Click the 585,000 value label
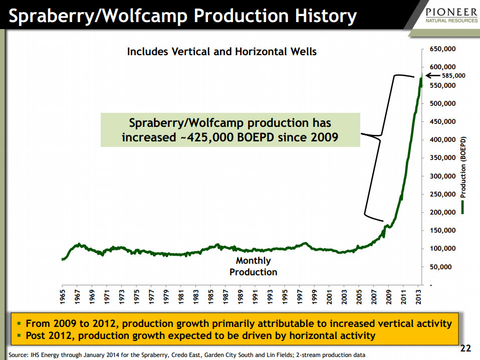pos(454,76)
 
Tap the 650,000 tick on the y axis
pos(441,50)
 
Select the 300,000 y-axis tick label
pos(441,176)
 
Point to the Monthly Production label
pos(253,266)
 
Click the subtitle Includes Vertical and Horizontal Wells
pos(221,51)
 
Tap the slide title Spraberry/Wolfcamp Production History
pos(183,17)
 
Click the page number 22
pos(465,348)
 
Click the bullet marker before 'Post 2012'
pos(20,334)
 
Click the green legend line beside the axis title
pos(463,207)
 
